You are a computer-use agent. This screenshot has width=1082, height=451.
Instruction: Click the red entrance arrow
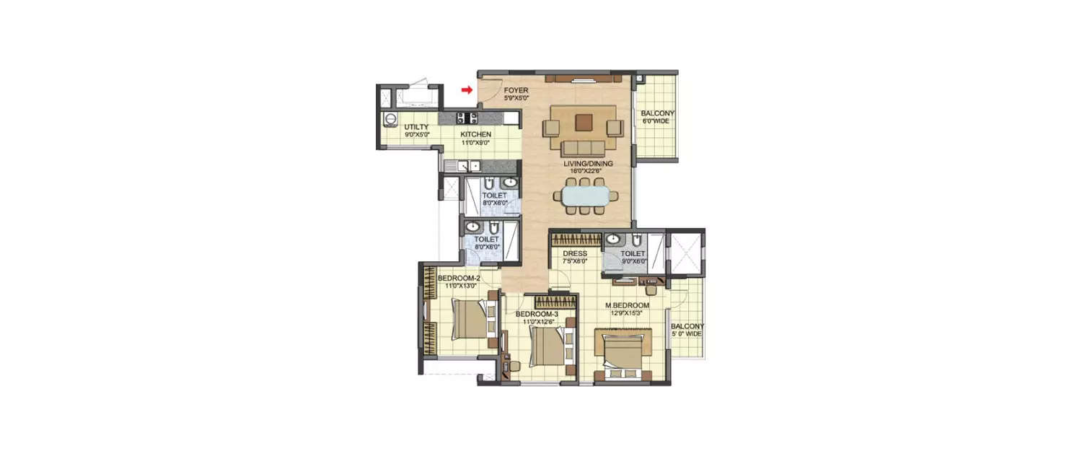point(467,89)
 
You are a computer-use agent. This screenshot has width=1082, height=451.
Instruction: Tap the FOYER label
point(516,90)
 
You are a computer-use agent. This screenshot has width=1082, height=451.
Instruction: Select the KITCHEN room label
point(476,135)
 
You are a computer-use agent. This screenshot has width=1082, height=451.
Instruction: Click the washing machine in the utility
point(390,118)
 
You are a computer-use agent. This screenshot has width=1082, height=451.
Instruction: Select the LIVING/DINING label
point(588,164)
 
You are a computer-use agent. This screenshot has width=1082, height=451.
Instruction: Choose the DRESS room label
point(575,253)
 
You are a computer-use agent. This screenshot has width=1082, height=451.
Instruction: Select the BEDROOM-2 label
point(459,279)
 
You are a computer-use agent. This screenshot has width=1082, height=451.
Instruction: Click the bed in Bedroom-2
point(471,320)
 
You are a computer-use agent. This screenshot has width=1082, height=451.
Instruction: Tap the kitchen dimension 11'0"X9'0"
point(476,143)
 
